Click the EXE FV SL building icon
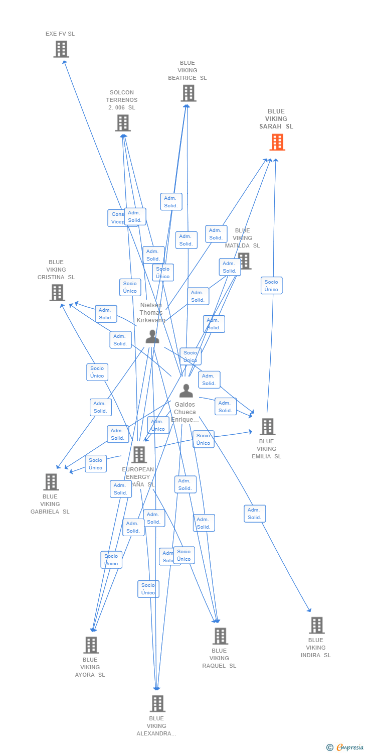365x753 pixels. click(61, 49)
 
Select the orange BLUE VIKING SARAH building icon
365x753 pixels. click(277, 142)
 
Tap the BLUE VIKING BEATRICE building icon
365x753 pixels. click(188, 93)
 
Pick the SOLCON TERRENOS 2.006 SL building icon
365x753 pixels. click(123, 123)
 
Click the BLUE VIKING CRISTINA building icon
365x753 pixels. click(57, 293)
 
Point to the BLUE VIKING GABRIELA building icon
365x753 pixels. click(51, 482)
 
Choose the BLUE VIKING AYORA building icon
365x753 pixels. click(91, 645)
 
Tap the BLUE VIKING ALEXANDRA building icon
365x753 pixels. click(157, 704)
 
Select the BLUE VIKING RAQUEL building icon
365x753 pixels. click(220, 636)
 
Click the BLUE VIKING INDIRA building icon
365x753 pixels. click(316, 625)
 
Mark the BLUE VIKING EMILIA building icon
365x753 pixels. click(267, 427)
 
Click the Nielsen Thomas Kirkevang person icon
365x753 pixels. click(152, 337)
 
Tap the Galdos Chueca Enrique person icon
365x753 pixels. click(186, 391)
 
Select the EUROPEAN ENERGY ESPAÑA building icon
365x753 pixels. click(139, 455)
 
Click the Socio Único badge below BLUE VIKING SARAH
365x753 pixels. click(271, 286)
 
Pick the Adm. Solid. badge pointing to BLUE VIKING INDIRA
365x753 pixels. click(255, 514)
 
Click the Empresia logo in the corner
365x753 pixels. click(345, 747)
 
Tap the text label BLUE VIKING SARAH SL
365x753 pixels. click(276, 119)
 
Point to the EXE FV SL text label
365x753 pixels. click(60, 34)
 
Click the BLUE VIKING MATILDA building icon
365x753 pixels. click(245, 261)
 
